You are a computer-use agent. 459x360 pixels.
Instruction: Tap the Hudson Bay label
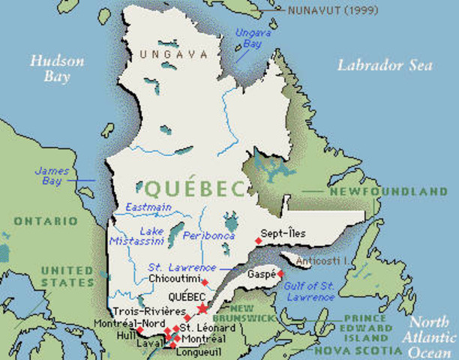tap(50, 68)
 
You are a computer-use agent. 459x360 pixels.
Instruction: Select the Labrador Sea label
tap(384, 65)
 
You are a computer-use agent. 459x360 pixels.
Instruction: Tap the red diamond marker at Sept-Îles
tap(258, 240)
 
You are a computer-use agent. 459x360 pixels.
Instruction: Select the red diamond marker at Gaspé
tap(280, 274)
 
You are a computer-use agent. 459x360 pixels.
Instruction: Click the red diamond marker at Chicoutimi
tap(204, 282)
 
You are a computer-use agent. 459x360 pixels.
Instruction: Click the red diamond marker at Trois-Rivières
tap(187, 318)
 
